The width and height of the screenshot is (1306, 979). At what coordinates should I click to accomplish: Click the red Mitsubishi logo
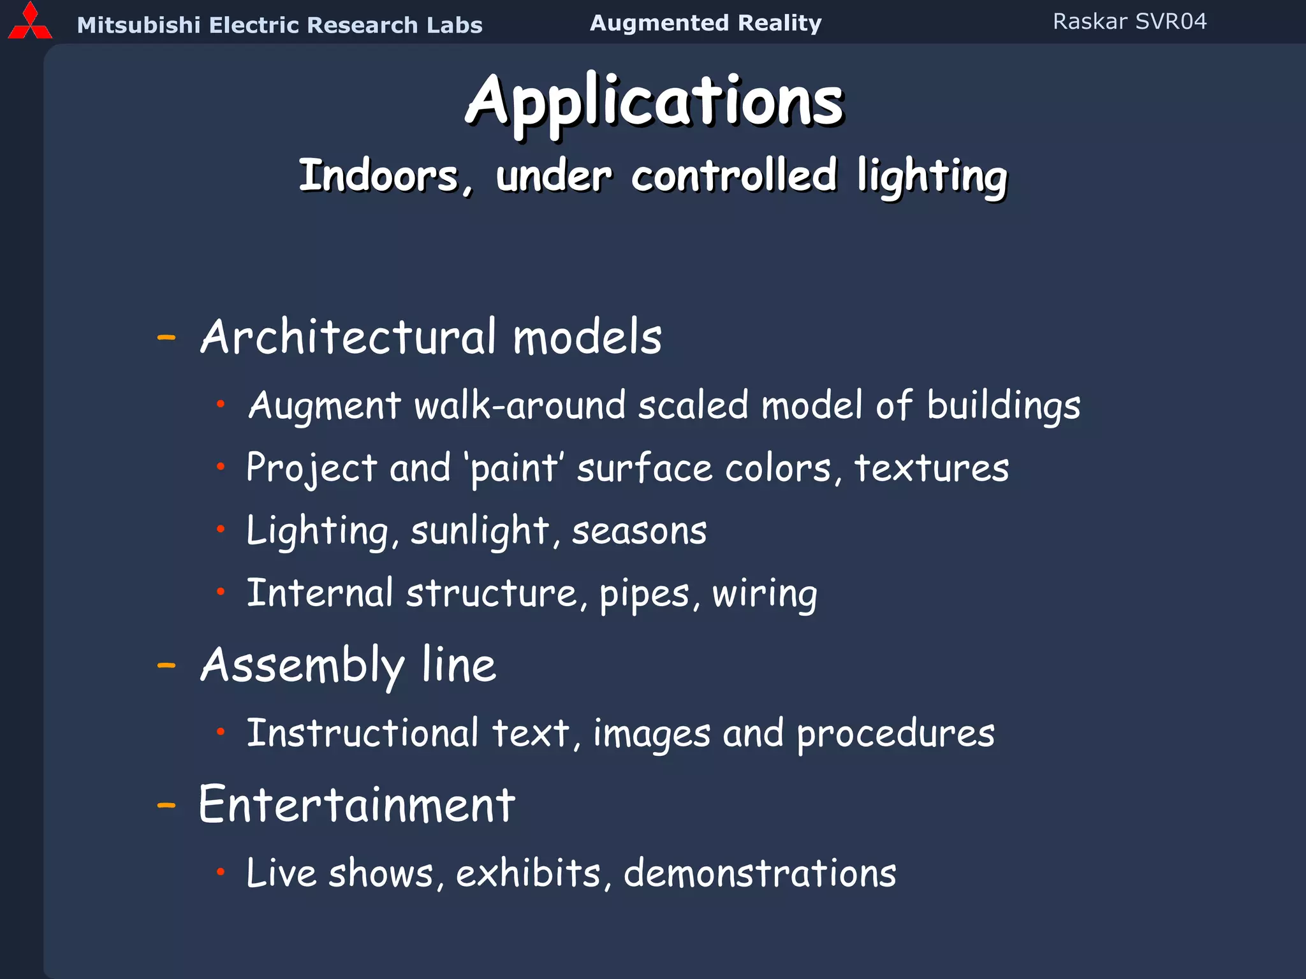click(29, 22)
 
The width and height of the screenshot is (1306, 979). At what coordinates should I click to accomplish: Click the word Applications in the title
click(654, 102)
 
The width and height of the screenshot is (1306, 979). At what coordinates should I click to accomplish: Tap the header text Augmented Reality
click(705, 23)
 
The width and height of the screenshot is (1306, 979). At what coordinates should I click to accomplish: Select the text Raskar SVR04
click(1129, 22)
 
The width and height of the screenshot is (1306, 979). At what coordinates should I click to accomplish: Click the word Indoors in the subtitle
click(379, 176)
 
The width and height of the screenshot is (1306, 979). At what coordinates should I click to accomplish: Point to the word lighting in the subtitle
click(931, 177)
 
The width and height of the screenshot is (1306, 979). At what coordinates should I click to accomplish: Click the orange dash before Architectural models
click(166, 338)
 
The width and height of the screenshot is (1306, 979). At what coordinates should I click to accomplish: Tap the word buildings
click(1003, 406)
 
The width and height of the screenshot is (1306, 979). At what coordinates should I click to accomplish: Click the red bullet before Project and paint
click(221, 467)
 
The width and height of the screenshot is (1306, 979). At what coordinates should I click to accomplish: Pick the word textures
click(931, 468)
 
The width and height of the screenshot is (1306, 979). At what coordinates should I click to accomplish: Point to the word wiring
click(765, 594)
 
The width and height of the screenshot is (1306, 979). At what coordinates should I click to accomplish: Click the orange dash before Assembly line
click(166, 666)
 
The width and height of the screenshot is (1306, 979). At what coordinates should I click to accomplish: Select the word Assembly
click(302, 666)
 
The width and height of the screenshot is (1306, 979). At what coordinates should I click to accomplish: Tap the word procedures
click(895, 734)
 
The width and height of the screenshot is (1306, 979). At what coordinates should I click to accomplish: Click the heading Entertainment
click(356, 805)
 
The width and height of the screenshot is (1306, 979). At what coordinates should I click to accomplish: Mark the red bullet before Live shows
click(221, 872)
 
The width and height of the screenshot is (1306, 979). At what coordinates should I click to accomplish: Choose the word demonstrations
click(759, 873)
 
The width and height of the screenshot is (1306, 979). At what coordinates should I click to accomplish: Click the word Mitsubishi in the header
click(138, 25)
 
